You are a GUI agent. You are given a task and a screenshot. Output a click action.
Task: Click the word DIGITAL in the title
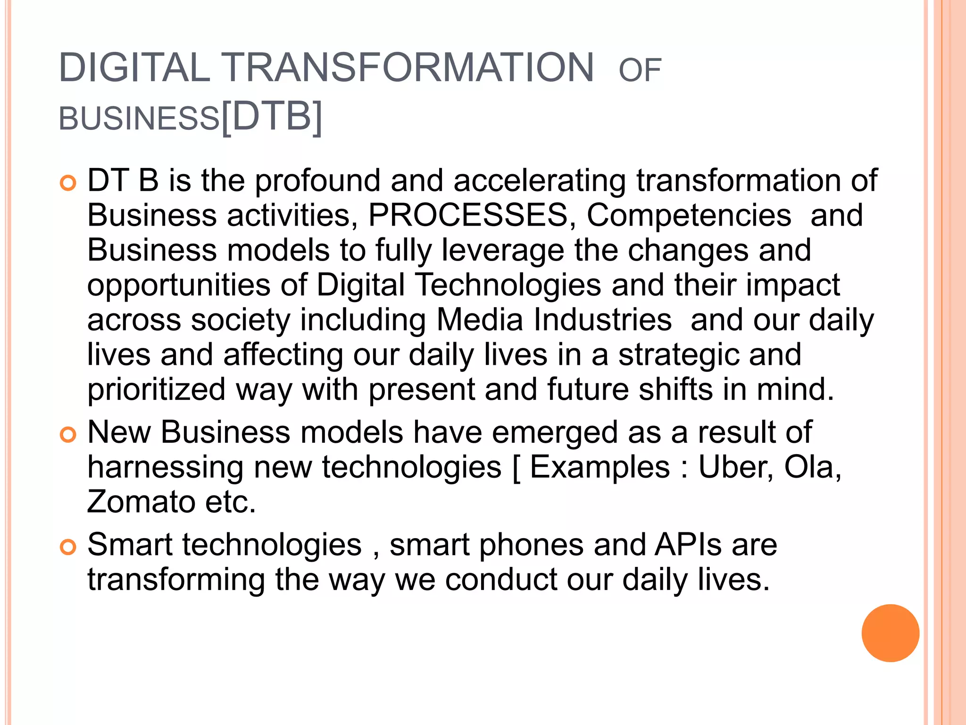pyautogui.click(x=134, y=68)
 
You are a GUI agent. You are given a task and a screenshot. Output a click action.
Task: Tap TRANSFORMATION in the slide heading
pyautogui.click(x=408, y=68)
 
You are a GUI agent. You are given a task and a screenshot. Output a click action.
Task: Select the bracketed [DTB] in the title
pyautogui.click(x=272, y=117)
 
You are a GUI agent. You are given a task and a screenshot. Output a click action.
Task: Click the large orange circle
pyautogui.click(x=890, y=633)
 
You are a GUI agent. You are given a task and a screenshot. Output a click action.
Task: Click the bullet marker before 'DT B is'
pyautogui.click(x=68, y=183)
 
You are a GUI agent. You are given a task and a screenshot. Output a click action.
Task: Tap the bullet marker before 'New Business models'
pyautogui.click(x=68, y=435)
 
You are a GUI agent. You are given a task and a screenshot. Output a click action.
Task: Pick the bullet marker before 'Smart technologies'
pyautogui.click(x=68, y=547)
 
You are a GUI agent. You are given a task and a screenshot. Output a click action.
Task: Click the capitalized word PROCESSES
pyautogui.click(x=468, y=215)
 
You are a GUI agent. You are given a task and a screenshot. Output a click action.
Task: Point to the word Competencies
pyautogui.click(x=689, y=215)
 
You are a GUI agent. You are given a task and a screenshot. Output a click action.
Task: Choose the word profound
pyautogui.click(x=317, y=181)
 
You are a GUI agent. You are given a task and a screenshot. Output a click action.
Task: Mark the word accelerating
pyautogui.click(x=540, y=181)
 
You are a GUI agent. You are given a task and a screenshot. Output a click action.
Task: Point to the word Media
pyautogui.click(x=480, y=320)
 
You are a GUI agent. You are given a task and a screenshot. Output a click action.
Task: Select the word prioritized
pyautogui.click(x=157, y=390)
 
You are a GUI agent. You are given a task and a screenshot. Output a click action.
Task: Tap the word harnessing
pyautogui.click(x=165, y=467)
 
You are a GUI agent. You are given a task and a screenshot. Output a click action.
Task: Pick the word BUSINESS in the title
pyautogui.click(x=139, y=118)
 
